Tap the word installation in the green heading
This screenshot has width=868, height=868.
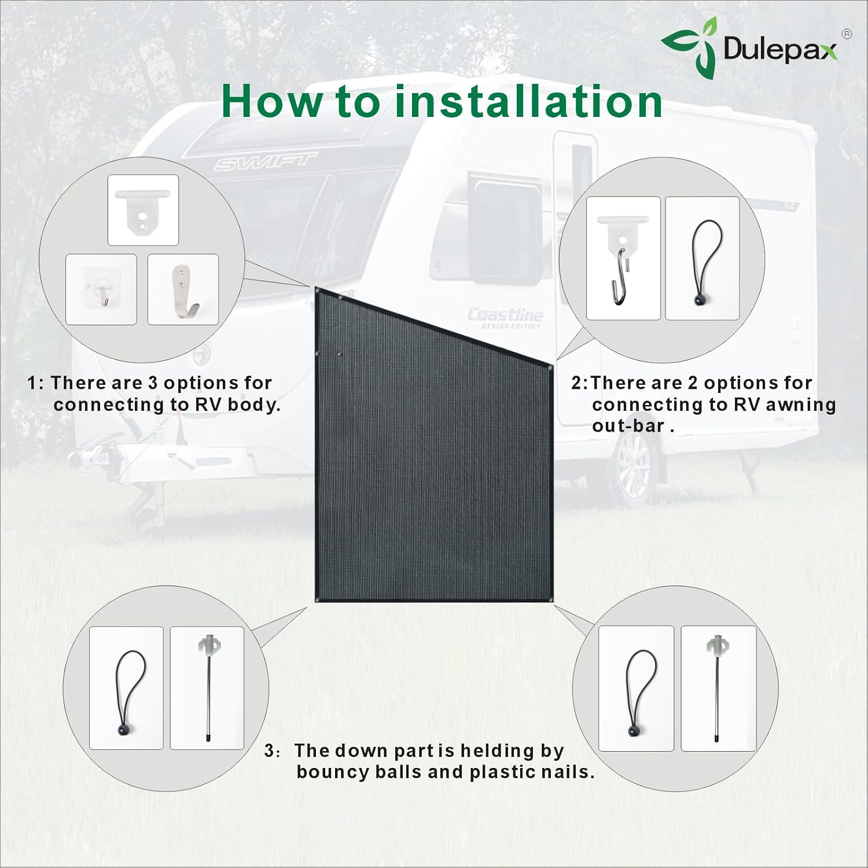pos(528,102)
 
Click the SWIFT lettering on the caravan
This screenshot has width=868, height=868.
pos(267,163)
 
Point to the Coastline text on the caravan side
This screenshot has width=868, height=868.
pos(505,315)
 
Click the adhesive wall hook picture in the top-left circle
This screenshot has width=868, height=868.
pos(101,289)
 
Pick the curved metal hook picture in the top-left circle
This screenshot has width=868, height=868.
pos(183,289)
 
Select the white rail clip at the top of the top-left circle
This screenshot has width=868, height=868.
pos(143,209)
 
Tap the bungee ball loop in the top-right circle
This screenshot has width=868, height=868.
pos(703,259)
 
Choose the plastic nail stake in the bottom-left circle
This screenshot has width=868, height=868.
pos(207,687)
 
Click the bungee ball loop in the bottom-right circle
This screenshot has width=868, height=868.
pos(636,689)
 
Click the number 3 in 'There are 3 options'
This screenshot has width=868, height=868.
pos(153,383)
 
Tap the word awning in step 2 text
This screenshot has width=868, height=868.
pos(801,404)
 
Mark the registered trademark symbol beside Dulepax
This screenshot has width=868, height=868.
pos(846,34)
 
